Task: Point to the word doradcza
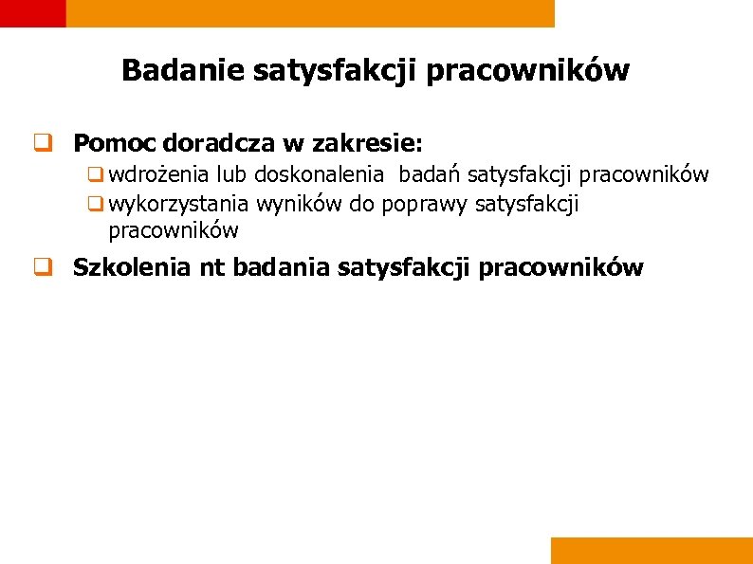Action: click(219, 143)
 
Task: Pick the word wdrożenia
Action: click(159, 174)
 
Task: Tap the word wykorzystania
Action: click(179, 203)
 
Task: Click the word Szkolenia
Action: click(133, 267)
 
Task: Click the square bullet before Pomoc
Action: click(43, 144)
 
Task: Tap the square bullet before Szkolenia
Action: click(43, 268)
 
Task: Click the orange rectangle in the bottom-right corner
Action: click(651, 551)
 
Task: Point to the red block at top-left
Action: click(32, 12)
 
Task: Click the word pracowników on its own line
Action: click(174, 230)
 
